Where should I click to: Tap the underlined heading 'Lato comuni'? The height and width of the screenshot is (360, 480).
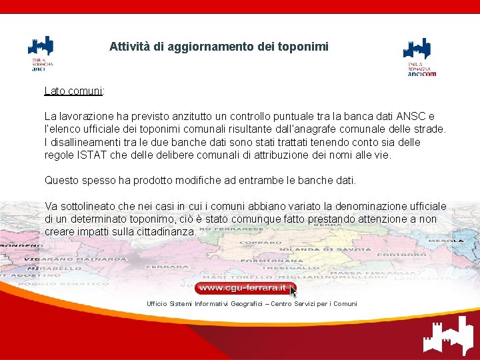(73, 90)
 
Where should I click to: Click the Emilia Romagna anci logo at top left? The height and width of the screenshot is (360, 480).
(40, 53)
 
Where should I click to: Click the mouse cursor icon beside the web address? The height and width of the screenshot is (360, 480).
(293, 291)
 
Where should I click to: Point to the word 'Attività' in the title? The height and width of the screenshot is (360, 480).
(129, 47)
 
